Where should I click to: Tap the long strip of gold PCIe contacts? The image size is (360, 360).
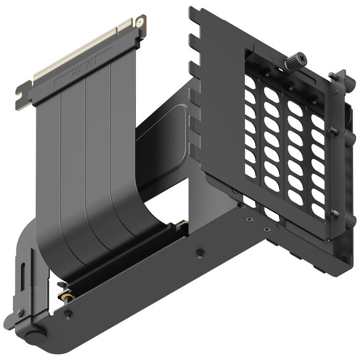click(80, 50)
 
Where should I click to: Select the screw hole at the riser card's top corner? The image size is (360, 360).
click(140, 22)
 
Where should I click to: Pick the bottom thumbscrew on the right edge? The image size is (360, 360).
click(349, 220)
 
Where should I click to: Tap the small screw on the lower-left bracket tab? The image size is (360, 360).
click(19, 312)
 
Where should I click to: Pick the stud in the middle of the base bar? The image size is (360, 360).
click(199, 252)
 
